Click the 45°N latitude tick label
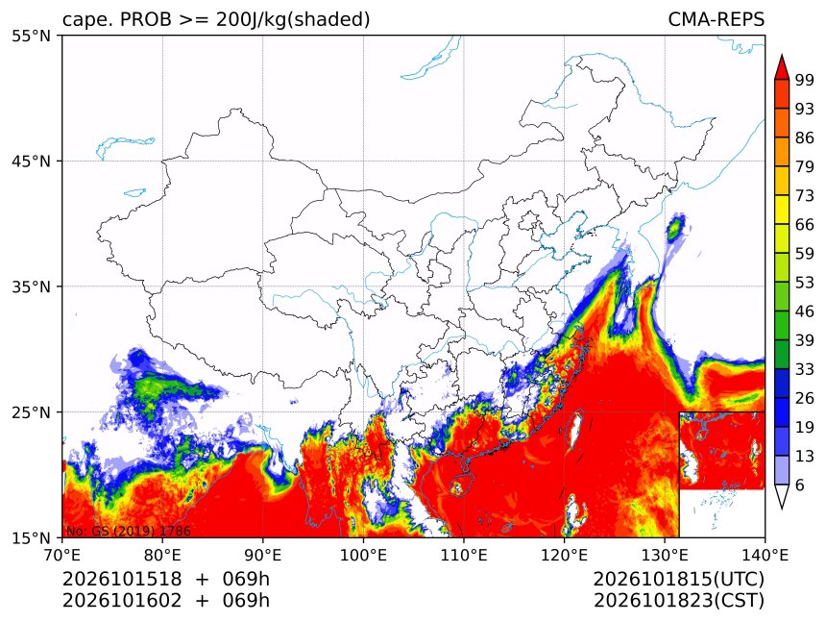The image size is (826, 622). coord(31,161)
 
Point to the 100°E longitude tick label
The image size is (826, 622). coord(363,555)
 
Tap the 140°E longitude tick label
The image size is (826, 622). coord(765,555)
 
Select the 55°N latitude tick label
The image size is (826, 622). coord(31,36)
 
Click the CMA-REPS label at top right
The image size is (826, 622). coord(716,19)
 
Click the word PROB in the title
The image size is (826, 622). coord(146,19)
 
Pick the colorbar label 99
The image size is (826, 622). coord(805,80)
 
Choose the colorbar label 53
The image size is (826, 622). coord(805,283)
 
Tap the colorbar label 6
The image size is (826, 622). coord(800,485)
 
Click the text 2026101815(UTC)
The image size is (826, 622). coord(678,579)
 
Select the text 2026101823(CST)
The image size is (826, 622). coord(678,601)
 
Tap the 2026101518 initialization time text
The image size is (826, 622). coord(122,579)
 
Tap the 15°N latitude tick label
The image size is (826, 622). coord(31,537)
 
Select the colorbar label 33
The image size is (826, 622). coord(805,369)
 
